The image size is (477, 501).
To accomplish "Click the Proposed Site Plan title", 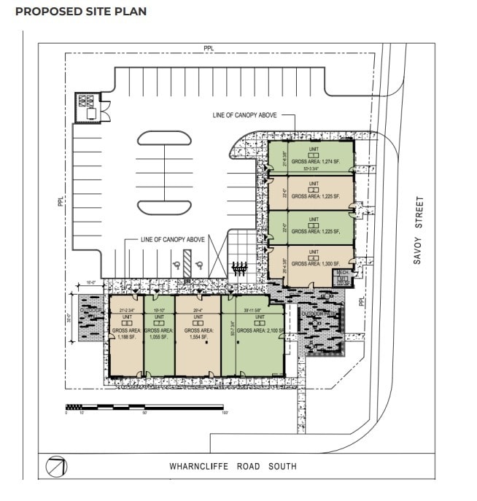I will click(x=81, y=12).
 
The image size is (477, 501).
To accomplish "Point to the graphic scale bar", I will click(x=146, y=406).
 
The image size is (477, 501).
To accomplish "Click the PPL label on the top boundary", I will click(x=209, y=48).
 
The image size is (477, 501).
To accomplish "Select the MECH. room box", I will click(x=341, y=278).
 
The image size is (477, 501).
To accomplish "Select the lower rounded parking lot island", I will click(x=165, y=206).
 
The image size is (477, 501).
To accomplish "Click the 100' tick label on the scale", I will click(x=225, y=413).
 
